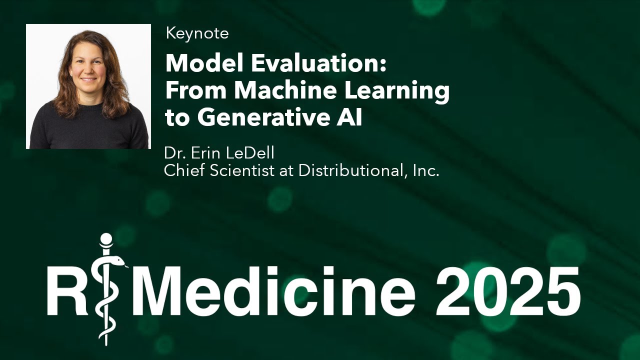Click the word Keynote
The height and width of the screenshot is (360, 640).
click(197, 33)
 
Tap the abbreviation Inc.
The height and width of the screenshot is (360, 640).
click(426, 170)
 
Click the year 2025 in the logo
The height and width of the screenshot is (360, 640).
click(508, 290)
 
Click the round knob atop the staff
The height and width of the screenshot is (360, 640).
click(106, 240)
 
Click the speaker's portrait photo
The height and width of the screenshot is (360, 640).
click(88, 86)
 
